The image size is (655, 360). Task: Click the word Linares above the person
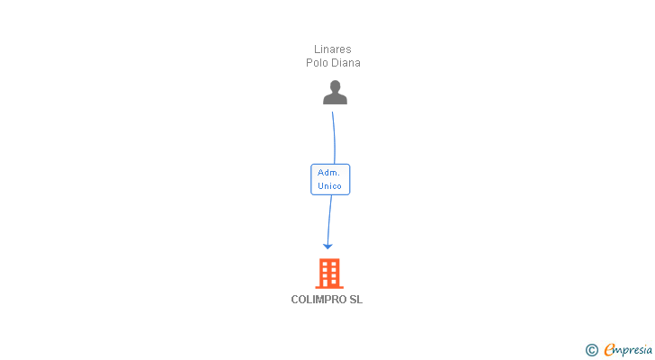click(333, 49)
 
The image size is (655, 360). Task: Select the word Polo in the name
click(318, 63)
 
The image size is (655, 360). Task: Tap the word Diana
click(345, 63)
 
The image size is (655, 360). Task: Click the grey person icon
click(335, 93)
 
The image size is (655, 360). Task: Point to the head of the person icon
click(335, 86)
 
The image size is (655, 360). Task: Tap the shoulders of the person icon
click(335, 99)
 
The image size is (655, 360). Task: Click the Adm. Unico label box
click(330, 179)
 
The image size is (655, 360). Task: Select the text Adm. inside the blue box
click(329, 172)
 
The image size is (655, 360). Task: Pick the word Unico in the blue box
click(329, 186)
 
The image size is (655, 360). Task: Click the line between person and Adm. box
click(334, 135)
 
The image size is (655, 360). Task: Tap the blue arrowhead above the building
click(327, 245)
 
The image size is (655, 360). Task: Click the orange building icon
click(329, 273)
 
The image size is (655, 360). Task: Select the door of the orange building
click(329, 283)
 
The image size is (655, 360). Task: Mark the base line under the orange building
click(329, 287)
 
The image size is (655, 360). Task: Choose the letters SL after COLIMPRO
click(356, 300)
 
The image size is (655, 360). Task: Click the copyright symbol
click(592, 350)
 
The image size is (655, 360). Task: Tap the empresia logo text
click(633, 349)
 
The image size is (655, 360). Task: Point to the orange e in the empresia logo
click(609, 349)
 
